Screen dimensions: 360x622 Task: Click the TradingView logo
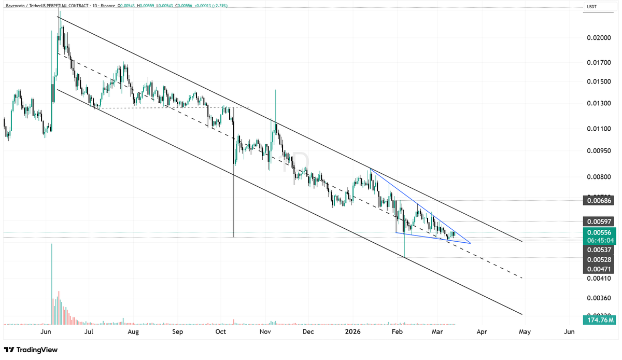click(31, 350)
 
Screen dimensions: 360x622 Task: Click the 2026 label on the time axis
click(352, 331)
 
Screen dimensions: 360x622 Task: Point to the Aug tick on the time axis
click(133, 331)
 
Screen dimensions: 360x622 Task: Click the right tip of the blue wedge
click(470, 243)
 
